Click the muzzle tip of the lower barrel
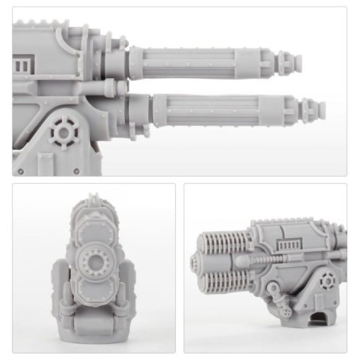click(x=322, y=105)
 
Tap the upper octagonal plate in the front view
click(x=93, y=230)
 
